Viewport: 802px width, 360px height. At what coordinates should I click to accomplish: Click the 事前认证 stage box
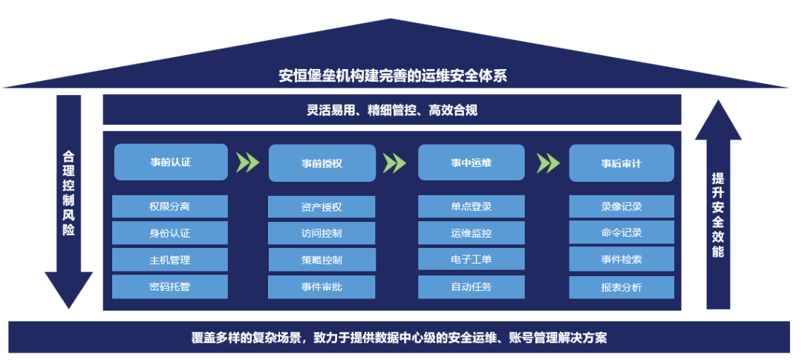[x=171, y=162]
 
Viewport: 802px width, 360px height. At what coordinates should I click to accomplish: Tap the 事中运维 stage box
[x=472, y=163]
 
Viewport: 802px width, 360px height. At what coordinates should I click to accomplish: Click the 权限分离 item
[x=170, y=206]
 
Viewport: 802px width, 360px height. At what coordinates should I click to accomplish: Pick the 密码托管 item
[x=170, y=287]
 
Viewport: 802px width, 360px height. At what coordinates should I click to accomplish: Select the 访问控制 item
[x=322, y=233]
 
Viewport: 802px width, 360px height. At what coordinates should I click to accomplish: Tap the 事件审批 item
[x=322, y=287]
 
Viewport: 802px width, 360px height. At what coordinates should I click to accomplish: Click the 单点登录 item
[x=472, y=206]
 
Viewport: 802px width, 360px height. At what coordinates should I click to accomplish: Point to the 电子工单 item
[x=472, y=260]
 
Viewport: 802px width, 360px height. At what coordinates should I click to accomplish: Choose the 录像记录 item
[x=622, y=206]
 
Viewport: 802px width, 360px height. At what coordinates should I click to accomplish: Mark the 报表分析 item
[x=622, y=287]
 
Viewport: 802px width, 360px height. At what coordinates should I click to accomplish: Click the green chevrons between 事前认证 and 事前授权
[x=247, y=163]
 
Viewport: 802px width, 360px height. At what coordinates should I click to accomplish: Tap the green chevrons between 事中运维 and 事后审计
[x=547, y=163]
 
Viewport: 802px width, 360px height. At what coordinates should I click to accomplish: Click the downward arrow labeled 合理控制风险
[x=69, y=200]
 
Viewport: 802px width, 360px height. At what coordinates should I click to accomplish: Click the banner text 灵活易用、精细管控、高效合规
[x=392, y=111]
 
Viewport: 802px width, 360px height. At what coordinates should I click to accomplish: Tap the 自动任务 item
[x=472, y=287]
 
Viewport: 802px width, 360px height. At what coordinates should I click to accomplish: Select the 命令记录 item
[x=622, y=233]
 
